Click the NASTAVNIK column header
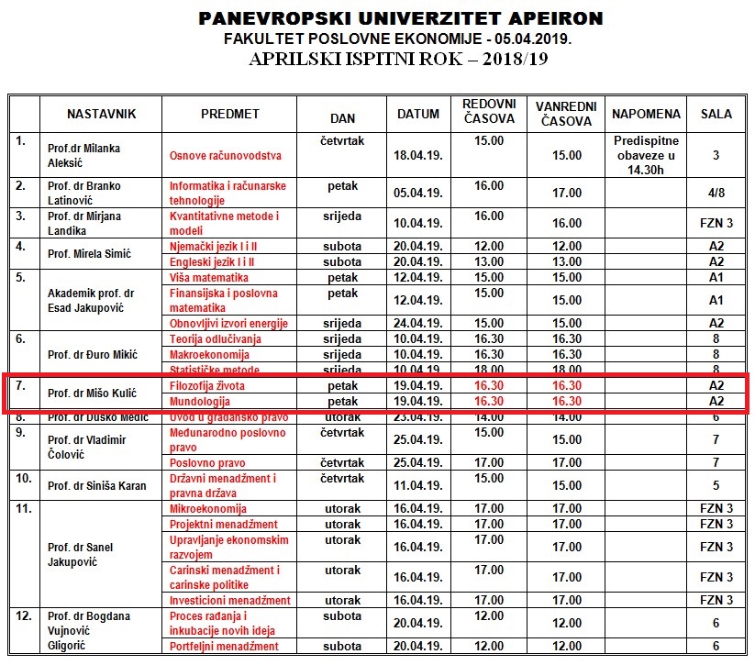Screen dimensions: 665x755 pyautogui.click(x=101, y=115)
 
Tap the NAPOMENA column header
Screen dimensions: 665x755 pyautogui.click(x=646, y=115)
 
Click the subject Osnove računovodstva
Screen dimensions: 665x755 pyautogui.click(x=225, y=156)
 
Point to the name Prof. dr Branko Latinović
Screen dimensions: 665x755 pyautogui.click(x=83, y=193)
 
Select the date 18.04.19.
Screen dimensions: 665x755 pyautogui.click(x=417, y=156)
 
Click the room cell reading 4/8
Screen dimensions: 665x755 pyautogui.click(x=716, y=193)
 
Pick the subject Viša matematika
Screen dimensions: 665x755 pyautogui.click(x=209, y=277)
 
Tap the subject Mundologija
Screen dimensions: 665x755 pyautogui.click(x=200, y=402)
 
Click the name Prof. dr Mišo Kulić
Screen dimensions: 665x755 pyautogui.click(x=92, y=393)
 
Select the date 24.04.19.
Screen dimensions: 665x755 pyautogui.click(x=417, y=323)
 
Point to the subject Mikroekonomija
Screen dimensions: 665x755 pyautogui.click(x=208, y=508)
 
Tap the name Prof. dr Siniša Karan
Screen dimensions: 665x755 pyautogui.click(x=96, y=485)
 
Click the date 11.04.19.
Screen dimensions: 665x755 pyautogui.click(x=417, y=485)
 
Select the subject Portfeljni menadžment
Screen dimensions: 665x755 pyautogui.click(x=224, y=647)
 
